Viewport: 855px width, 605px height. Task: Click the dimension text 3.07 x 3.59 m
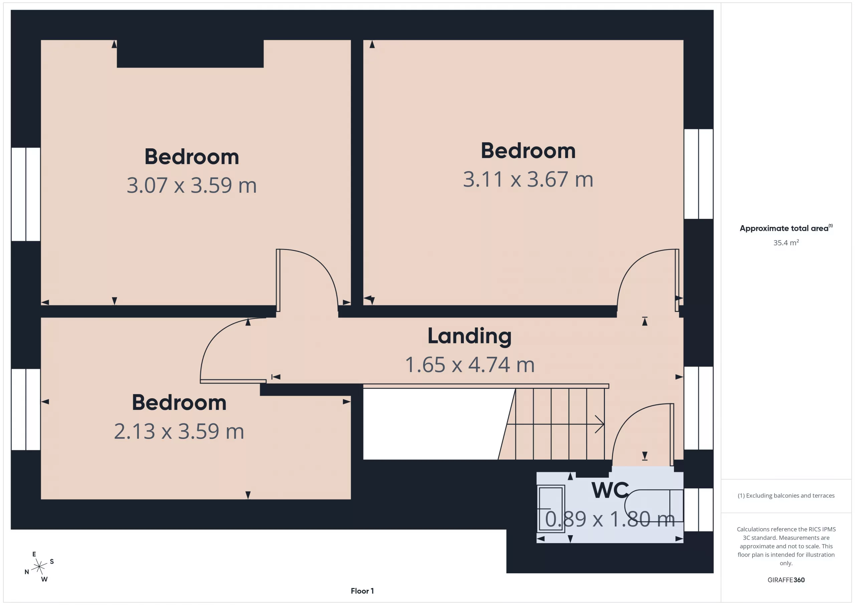pos(192,185)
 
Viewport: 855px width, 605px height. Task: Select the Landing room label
pos(470,336)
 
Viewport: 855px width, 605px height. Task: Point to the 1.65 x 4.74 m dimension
pos(470,365)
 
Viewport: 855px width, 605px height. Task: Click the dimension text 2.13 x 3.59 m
pos(179,431)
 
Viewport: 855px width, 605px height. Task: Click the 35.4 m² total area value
pos(786,243)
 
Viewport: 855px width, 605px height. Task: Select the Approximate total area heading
pos(786,228)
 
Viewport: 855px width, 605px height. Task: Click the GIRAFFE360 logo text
pos(786,580)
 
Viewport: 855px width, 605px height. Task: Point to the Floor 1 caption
pos(362,591)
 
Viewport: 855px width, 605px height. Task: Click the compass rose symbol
pos(39,567)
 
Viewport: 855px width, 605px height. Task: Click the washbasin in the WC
pos(551,508)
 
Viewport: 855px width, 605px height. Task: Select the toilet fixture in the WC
pos(654,505)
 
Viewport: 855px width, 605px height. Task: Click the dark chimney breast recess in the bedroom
pos(190,54)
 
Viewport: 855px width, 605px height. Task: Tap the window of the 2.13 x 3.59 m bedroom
pos(26,410)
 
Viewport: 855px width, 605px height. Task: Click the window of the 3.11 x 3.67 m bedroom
pos(698,174)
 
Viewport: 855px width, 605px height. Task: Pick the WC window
pos(698,510)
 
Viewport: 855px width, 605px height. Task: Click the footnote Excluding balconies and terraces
pos(786,495)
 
